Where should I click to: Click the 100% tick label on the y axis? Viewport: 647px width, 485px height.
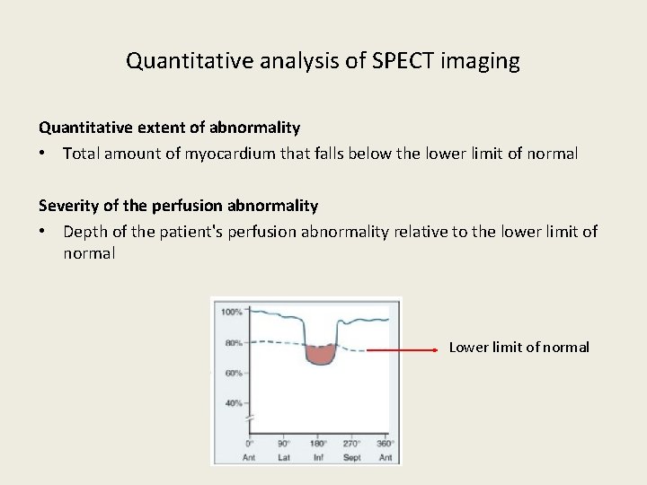tap(232, 312)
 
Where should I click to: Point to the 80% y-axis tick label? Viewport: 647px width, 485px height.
tap(232, 342)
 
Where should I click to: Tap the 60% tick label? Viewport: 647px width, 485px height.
tap(232, 373)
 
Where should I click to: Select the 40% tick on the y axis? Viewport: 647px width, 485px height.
tap(232, 403)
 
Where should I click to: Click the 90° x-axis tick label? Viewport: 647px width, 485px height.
tap(283, 444)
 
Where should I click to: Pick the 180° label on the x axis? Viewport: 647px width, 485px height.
tap(317, 444)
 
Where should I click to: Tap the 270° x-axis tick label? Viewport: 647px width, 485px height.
tap(351, 444)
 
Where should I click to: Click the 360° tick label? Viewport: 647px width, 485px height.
tap(385, 444)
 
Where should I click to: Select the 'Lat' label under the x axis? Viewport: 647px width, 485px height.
tap(283, 457)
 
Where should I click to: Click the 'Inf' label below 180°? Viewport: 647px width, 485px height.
tap(317, 457)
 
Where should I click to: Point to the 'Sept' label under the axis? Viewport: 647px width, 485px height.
tap(351, 457)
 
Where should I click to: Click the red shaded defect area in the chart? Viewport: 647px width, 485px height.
tap(319, 354)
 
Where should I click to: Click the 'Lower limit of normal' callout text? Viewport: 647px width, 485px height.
tap(518, 348)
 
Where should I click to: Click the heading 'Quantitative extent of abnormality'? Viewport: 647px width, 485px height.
tap(169, 128)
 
